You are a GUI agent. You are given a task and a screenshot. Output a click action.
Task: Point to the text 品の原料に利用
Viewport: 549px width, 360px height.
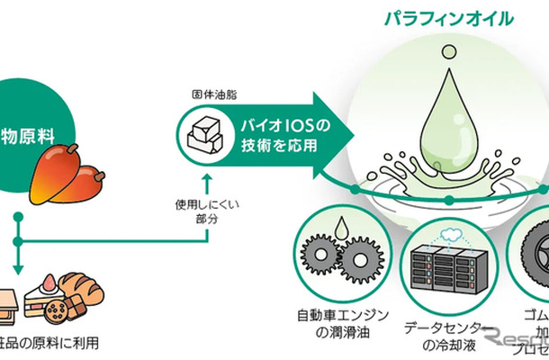[x=49, y=342]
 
